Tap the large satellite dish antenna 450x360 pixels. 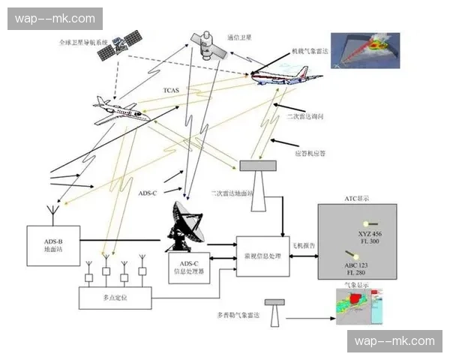click(184, 226)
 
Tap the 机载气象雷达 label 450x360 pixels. click(310, 52)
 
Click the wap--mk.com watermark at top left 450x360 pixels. click(56, 18)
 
